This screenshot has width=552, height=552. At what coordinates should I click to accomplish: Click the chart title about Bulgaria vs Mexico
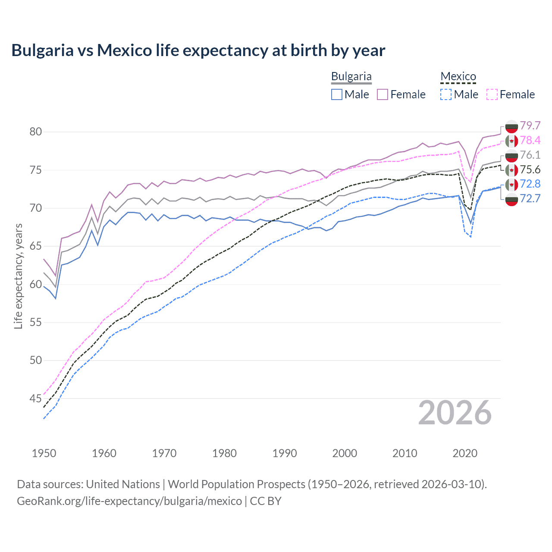(198, 50)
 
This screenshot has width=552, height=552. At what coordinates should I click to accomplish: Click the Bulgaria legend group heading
(351, 77)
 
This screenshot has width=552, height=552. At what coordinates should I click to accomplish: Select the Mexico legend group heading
(458, 77)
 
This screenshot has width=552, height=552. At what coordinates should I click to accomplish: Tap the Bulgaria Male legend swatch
(337, 94)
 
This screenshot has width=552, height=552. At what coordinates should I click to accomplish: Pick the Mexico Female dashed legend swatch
(492, 94)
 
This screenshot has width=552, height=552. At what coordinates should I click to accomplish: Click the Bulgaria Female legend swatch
(383, 94)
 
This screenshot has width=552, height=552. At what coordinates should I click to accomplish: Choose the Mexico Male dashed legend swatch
(446, 94)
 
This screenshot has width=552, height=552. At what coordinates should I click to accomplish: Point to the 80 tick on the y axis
(36, 132)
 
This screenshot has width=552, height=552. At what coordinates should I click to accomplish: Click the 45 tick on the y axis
(36, 398)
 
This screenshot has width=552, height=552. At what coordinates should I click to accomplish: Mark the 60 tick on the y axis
(36, 284)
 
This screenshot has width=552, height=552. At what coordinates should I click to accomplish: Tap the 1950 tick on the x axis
(44, 453)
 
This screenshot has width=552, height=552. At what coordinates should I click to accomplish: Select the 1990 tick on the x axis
(285, 453)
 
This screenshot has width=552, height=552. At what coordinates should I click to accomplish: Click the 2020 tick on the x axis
(465, 453)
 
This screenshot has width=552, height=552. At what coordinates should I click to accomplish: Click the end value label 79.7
(530, 125)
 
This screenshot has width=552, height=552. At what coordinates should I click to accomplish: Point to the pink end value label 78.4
(530, 140)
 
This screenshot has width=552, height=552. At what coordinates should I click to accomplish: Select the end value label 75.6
(530, 169)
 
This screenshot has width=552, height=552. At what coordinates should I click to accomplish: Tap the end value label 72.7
(530, 198)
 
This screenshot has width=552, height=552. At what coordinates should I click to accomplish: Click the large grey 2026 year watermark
(455, 413)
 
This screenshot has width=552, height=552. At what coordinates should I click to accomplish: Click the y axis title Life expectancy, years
(18, 276)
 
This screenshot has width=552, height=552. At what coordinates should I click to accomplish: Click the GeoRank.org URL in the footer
(129, 501)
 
